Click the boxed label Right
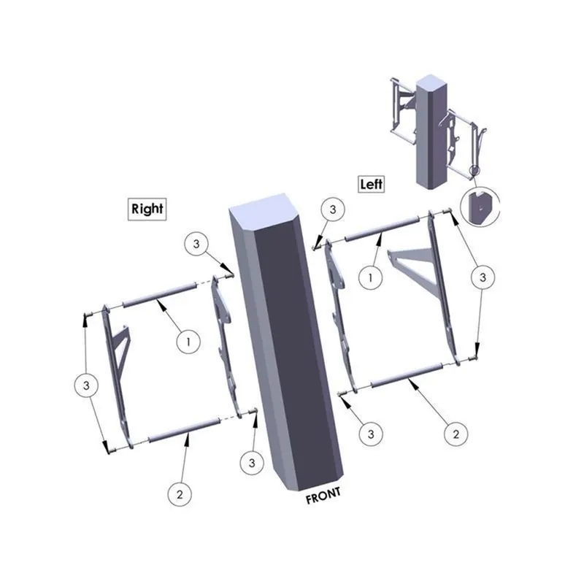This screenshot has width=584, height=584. tap(147, 208)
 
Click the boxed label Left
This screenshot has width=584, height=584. tap(371, 184)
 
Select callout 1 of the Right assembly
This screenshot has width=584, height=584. tap(188, 340)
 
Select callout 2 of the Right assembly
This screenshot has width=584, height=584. tap(180, 493)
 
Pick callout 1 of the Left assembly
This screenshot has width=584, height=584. tap(371, 277)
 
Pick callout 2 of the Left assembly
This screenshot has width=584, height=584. tap(456, 434)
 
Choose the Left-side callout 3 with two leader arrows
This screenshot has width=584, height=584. tap(482, 277)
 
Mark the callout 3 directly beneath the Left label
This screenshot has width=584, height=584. tap(333, 210)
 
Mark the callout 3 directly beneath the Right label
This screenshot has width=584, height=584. tap(196, 244)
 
